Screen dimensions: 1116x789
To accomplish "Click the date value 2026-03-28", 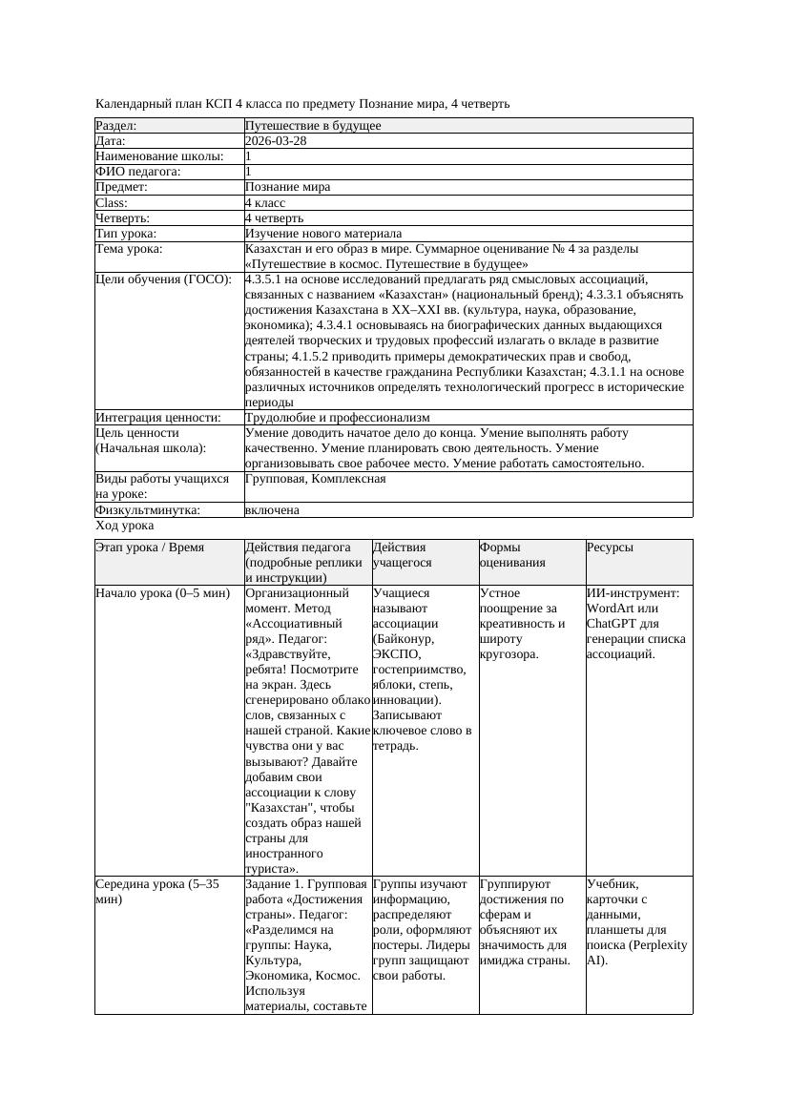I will pos(276,141).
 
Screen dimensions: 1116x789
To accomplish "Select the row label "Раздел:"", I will pos(116,126).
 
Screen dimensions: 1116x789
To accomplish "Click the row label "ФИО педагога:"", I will pos(138,172).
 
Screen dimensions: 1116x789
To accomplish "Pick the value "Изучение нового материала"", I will pos(323,234).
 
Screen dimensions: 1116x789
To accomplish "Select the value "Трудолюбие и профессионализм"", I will pos(337,418).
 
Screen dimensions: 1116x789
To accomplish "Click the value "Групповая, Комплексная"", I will pos(315,479).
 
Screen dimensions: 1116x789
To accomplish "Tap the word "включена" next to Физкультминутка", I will pos(272,510).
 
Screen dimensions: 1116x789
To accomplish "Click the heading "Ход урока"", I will pos(125,526).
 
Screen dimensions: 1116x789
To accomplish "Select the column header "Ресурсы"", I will pos(611,548).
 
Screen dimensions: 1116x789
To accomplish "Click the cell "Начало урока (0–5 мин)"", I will pos(163,593).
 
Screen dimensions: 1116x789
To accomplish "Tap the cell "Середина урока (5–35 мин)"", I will pos(157,892).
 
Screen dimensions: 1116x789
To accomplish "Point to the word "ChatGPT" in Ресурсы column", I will pos(612,624).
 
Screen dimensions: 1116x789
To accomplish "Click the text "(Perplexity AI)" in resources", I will pos(636,953).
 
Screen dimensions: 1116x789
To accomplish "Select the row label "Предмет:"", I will pos(122,187).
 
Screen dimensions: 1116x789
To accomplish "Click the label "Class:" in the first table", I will pos(112,203).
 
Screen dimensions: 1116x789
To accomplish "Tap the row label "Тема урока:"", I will pos(130,249).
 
